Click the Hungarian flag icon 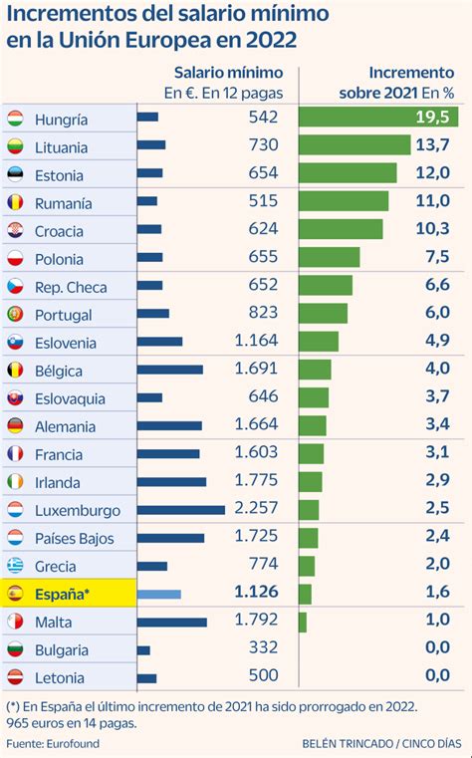15,119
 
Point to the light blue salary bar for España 158,595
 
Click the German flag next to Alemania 15,426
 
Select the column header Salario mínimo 228,73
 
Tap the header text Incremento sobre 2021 409,82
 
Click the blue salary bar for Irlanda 171,482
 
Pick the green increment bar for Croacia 341,229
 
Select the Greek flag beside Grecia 15,566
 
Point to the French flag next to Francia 15,454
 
